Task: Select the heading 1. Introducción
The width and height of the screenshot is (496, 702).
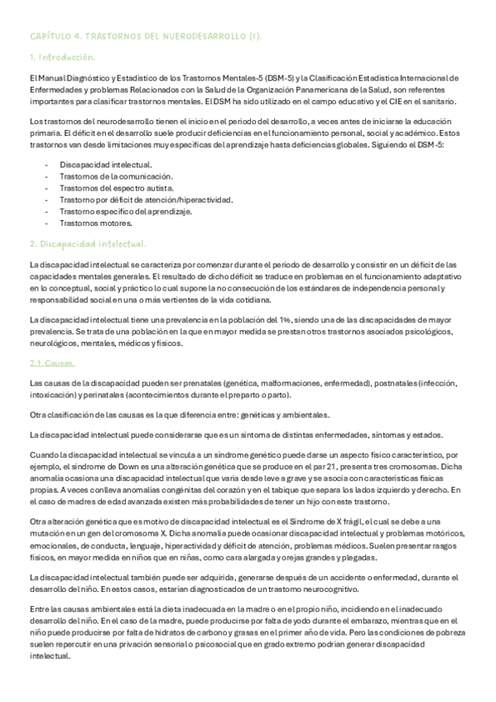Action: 62,57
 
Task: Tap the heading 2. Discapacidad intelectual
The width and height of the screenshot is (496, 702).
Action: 88,244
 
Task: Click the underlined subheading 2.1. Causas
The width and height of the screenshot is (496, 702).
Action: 52,363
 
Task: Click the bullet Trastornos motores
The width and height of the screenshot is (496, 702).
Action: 97,223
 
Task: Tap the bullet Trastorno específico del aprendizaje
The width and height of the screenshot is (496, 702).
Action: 126,211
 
